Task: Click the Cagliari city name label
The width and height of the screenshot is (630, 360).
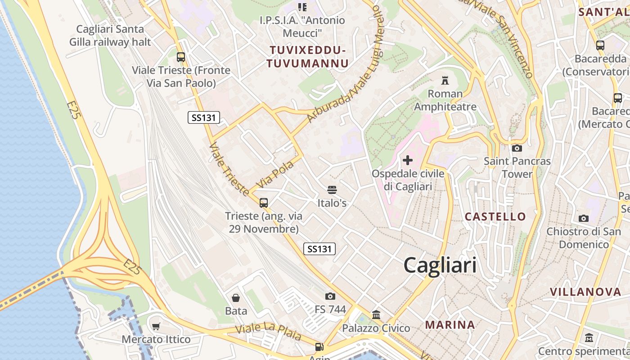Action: (440, 265)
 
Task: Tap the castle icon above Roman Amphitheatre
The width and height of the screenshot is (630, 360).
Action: (445, 81)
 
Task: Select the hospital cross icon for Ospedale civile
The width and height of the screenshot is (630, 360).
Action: (408, 160)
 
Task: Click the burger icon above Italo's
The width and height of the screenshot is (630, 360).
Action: (332, 190)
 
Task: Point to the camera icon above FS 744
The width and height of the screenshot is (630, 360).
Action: (330, 296)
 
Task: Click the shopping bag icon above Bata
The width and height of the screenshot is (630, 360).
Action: (235, 298)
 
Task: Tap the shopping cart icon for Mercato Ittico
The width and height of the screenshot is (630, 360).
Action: (156, 326)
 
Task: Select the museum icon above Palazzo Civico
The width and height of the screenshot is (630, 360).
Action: (376, 315)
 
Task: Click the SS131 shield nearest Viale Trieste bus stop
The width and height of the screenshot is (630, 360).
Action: (204, 118)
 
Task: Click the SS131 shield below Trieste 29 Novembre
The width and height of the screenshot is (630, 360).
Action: (319, 249)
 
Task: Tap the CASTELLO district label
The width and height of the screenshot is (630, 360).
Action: (495, 216)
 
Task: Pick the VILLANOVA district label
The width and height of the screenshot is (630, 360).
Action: (585, 292)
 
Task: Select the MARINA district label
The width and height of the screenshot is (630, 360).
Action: (450, 324)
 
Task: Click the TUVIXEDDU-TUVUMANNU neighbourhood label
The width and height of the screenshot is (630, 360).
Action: (307, 57)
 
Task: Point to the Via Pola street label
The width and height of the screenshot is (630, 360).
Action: (275, 175)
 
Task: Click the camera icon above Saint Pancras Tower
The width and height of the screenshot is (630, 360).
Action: (517, 148)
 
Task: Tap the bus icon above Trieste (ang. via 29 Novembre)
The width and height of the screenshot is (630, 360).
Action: (264, 203)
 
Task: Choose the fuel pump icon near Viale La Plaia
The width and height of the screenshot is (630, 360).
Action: (319, 347)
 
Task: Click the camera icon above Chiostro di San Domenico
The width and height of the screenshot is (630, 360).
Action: (584, 219)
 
